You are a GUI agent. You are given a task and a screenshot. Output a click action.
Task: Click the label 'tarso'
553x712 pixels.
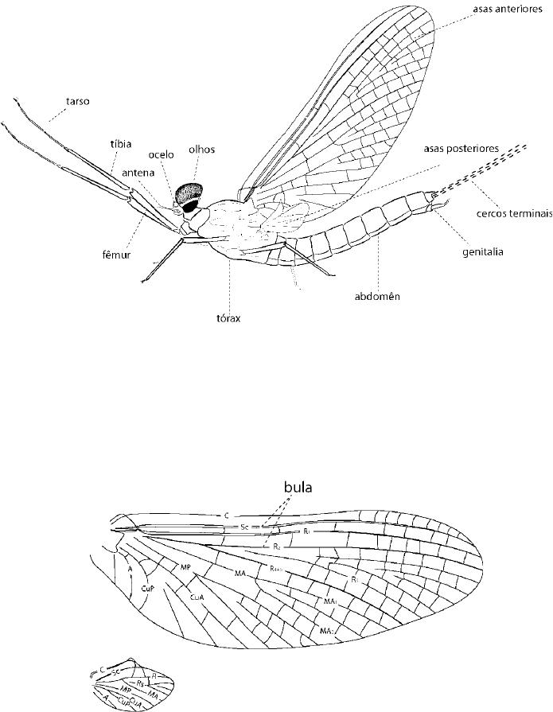[x=79, y=102]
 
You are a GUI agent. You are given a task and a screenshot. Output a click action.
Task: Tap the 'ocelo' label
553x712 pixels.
[x=162, y=154]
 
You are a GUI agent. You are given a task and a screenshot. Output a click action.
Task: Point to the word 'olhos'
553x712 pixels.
[x=202, y=149]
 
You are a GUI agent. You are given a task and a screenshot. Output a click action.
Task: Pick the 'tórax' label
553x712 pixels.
[x=228, y=316]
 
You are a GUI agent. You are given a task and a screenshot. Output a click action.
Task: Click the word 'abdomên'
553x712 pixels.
[x=376, y=298]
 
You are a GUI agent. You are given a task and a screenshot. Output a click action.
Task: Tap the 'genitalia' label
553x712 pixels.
[x=481, y=252]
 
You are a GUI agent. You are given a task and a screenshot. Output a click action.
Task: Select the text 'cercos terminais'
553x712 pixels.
[x=515, y=213]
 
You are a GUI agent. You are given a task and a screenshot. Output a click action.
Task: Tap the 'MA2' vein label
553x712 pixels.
[x=326, y=630]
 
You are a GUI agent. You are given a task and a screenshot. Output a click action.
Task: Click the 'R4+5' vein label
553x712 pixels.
[x=277, y=568]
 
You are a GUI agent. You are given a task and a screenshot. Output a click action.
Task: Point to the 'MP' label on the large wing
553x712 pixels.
[x=185, y=567]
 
